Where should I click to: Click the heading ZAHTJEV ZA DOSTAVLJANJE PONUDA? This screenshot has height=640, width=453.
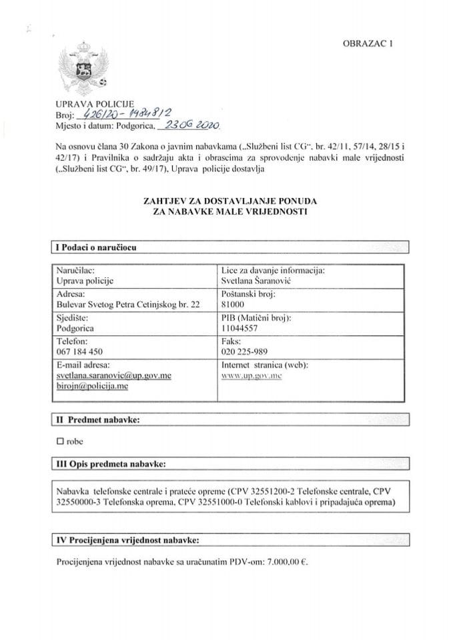click(227, 199)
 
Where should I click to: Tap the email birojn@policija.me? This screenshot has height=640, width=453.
click(91, 386)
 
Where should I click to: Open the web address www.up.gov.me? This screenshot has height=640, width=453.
click(254, 377)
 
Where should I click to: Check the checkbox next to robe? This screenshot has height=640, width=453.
click(61, 441)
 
